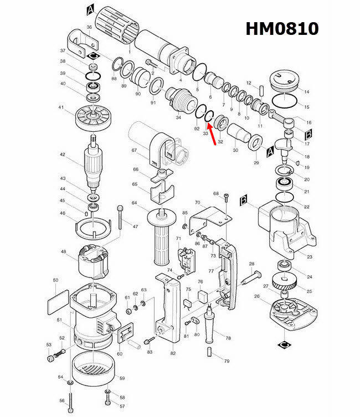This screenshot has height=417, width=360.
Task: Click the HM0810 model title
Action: pyautogui.click(x=282, y=28)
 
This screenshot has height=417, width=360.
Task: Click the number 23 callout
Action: pyautogui.click(x=310, y=256)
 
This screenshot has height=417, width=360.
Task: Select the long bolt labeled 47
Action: pyautogui.click(x=121, y=222)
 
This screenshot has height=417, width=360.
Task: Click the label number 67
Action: pyautogui.click(x=133, y=151)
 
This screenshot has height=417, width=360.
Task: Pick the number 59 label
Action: pyautogui.click(x=122, y=378)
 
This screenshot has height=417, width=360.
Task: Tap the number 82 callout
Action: pyautogui.click(x=173, y=353)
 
